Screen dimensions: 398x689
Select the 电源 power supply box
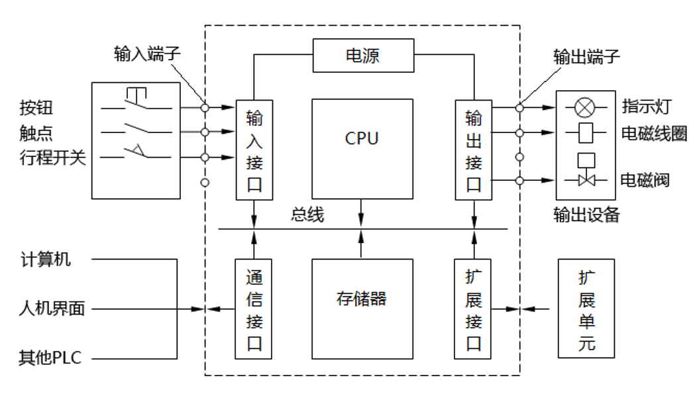click(363, 56)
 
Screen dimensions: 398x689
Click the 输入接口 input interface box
click(254, 150)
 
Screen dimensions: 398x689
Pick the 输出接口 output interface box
click(474, 150)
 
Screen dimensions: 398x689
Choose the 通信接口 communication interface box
click(254, 309)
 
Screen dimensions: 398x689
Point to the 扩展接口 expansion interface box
click(474, 309)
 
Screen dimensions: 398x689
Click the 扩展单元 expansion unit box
click(586, 309)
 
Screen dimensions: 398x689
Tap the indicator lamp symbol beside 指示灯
click(586, 107)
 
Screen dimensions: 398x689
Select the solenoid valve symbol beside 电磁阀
click(586, 179)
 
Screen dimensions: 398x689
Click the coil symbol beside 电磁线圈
click(586, 132)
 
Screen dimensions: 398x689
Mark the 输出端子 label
click(587, 57)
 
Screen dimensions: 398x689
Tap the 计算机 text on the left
click(46, 260)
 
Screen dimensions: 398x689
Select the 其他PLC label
click(50, 360)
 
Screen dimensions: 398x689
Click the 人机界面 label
click(52, 309)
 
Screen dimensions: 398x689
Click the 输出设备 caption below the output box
click(586, 215)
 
